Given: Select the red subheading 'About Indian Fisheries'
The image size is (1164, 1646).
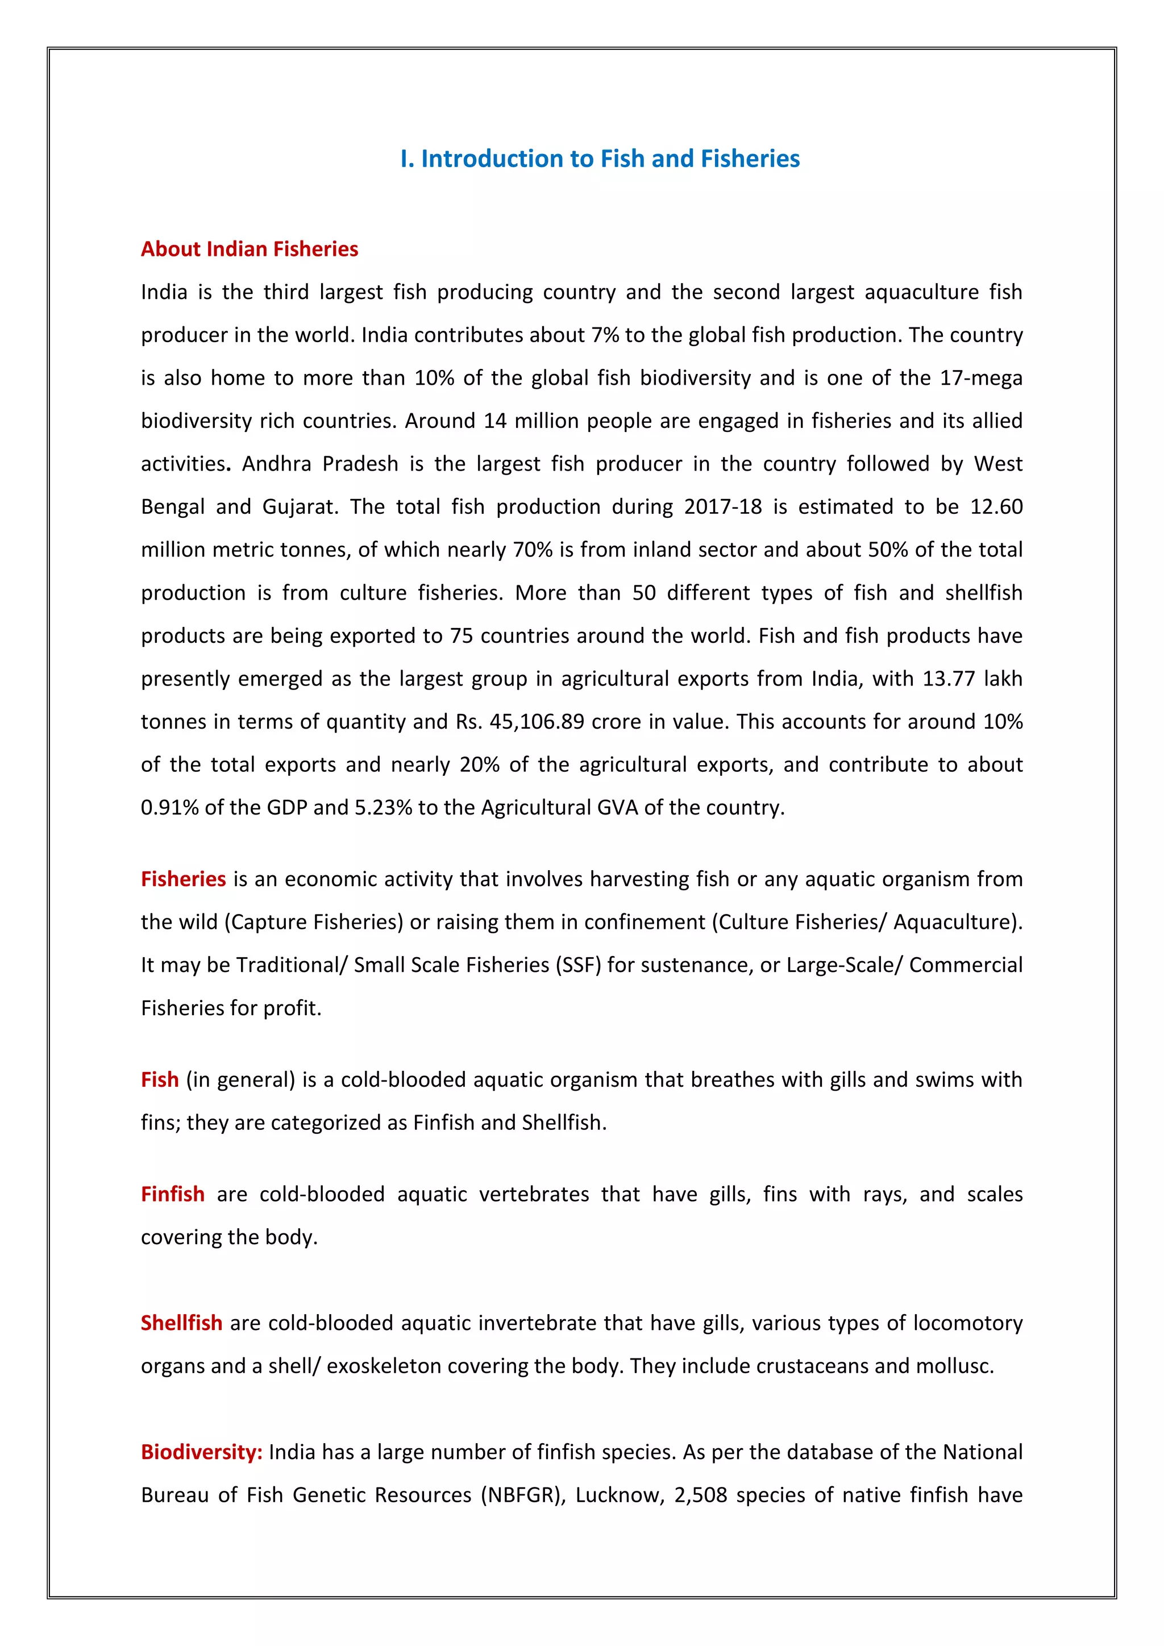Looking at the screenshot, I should (250, 249).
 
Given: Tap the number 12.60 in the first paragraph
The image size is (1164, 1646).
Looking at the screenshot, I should (996, 507).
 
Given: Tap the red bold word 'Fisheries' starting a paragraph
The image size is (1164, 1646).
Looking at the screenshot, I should (184, 879).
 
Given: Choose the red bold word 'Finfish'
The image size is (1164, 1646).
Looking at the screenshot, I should (173, 1194).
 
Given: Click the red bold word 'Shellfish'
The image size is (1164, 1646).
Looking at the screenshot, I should (181, 1323).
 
